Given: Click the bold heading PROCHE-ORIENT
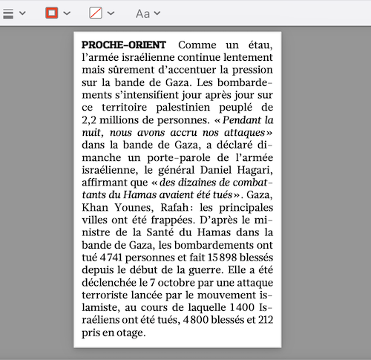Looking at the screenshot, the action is point(124,45).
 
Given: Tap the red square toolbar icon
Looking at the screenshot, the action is point(52,13).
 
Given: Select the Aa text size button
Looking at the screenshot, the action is point(143,13).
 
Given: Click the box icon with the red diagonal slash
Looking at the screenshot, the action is point(96,13).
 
